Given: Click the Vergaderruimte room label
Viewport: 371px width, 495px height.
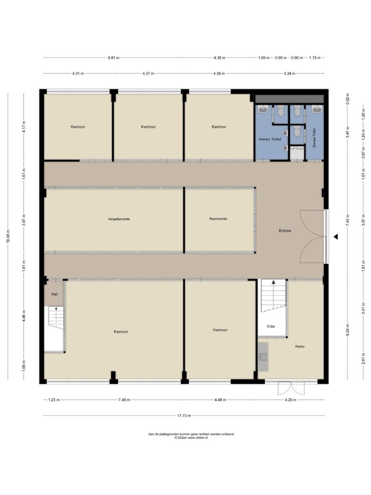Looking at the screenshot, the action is point(119,219).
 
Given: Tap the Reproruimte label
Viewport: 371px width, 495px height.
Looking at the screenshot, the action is point(218,219).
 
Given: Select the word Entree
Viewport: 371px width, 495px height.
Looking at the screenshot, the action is point(285,231).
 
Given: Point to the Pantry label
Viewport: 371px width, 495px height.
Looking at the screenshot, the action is point(300,346).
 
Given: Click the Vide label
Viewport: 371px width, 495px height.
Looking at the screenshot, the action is point(271,326).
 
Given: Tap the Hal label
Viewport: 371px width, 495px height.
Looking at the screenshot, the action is point(55,294).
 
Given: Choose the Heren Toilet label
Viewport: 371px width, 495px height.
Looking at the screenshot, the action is point(270,139).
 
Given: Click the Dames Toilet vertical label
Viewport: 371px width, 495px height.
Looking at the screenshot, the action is point(314,138).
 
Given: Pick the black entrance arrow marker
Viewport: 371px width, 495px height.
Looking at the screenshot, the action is point(336,236).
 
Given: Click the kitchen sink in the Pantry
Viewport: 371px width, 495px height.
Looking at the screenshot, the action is point(263,357).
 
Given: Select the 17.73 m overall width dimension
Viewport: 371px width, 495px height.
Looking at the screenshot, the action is point(184,416).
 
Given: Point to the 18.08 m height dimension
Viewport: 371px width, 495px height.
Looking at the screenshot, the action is point(8,236).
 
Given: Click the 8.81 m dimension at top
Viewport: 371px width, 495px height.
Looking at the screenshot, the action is point(114,58).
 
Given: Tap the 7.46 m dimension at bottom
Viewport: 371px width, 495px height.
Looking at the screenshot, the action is point(124,400).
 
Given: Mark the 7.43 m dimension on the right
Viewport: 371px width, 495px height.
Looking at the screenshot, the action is point(347,220).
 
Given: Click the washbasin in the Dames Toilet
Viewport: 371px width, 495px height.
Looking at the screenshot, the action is point(317,109).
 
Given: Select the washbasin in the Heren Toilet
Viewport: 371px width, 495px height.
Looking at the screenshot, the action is point(263,109).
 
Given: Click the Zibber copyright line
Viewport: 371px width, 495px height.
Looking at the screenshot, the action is point(191,438).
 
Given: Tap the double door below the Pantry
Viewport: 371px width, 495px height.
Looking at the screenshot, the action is point(291,388).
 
